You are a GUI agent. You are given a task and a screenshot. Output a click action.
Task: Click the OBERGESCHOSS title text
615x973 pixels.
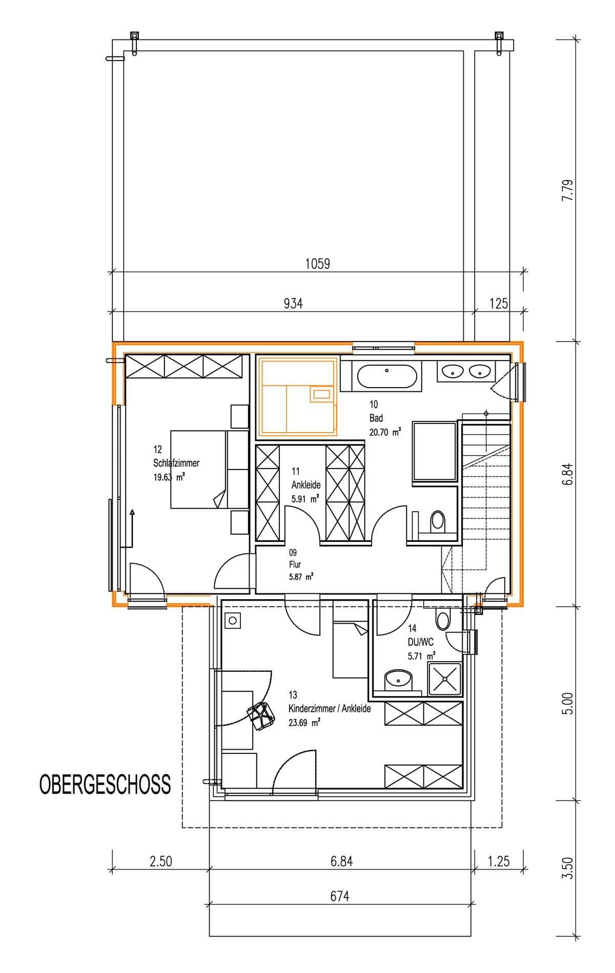pos(105,784)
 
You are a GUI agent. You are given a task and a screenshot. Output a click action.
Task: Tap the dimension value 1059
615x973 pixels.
pos(317,264)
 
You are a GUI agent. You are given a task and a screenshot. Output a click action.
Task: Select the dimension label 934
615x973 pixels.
pos(293,304)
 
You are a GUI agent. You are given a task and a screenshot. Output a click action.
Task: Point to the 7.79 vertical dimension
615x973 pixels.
pos(566,190)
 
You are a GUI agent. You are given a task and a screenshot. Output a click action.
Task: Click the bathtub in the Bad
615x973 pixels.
pos(386,376)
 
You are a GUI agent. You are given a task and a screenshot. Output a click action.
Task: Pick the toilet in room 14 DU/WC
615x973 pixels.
pos(442,620)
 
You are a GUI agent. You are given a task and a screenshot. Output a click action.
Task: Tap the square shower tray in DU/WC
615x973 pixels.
pos(445,679)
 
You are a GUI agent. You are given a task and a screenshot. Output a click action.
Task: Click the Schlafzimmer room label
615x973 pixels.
pos(176,463)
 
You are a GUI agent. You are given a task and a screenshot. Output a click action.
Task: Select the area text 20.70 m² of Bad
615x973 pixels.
pos(384,432)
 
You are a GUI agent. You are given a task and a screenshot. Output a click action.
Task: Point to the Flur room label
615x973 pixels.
pos(295,564)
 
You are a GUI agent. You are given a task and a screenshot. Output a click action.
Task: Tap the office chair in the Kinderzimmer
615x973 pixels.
pos(260,716)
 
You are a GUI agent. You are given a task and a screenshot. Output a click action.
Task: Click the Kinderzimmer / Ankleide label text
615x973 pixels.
pos(330,709)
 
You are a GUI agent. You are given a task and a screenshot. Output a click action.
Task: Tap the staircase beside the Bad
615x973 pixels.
pos(487,492)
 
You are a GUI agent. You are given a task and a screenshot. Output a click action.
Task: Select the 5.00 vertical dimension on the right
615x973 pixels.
pos(566,704)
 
